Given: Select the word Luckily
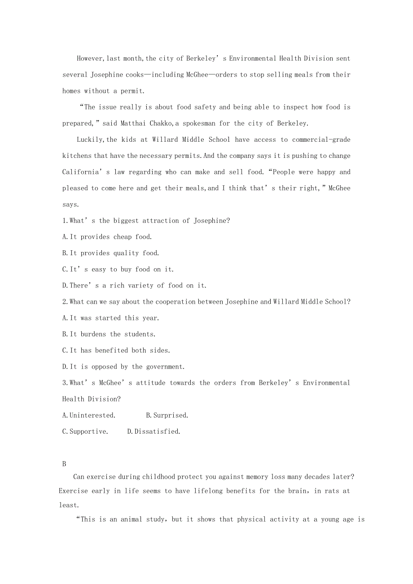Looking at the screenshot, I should click(90, 139).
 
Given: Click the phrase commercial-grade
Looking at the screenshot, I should click(321, 139).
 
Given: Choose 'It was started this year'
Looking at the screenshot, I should click(110, 318).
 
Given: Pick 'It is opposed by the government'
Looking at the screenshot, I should click(123, 367).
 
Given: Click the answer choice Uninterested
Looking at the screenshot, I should click(89, 415).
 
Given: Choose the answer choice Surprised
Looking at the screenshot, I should click(167, 415).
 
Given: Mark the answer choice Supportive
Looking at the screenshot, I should click(85, 431).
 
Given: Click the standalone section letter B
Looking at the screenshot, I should click(64, 464).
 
